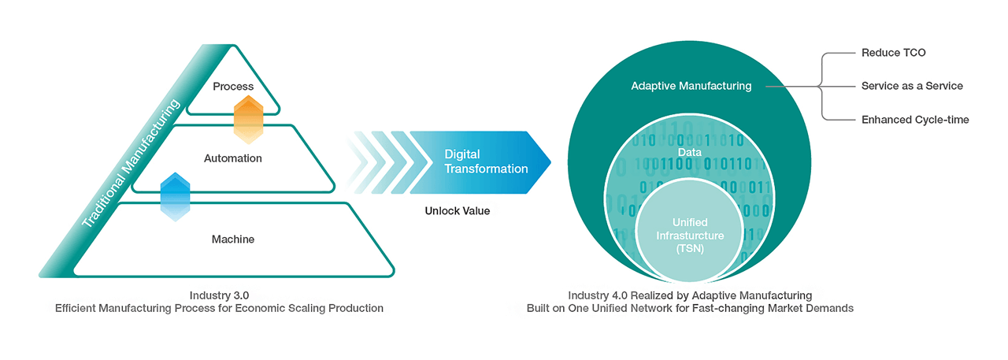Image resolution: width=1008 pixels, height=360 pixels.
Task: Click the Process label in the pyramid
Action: tap(233, 86)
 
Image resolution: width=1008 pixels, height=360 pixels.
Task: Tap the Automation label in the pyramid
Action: tap(233, 158)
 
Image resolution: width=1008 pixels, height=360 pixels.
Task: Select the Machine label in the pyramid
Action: tap(233, 239)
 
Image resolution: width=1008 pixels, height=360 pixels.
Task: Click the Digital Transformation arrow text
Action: tap(486, 161)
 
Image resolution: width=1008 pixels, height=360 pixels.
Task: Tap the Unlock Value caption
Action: tap(457, 211)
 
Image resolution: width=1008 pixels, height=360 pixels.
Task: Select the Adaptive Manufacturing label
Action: tap(691, 86)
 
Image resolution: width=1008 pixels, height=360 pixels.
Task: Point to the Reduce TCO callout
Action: tap(894, 53)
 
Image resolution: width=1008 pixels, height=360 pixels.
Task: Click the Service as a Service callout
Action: tap(912, 86)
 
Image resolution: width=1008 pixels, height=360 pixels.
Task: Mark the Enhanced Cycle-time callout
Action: tap(915, 120)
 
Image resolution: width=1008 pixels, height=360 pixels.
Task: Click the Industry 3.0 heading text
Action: tap(219, 295)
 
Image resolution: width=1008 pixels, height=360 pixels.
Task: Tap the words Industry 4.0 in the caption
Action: tap(588, 295)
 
